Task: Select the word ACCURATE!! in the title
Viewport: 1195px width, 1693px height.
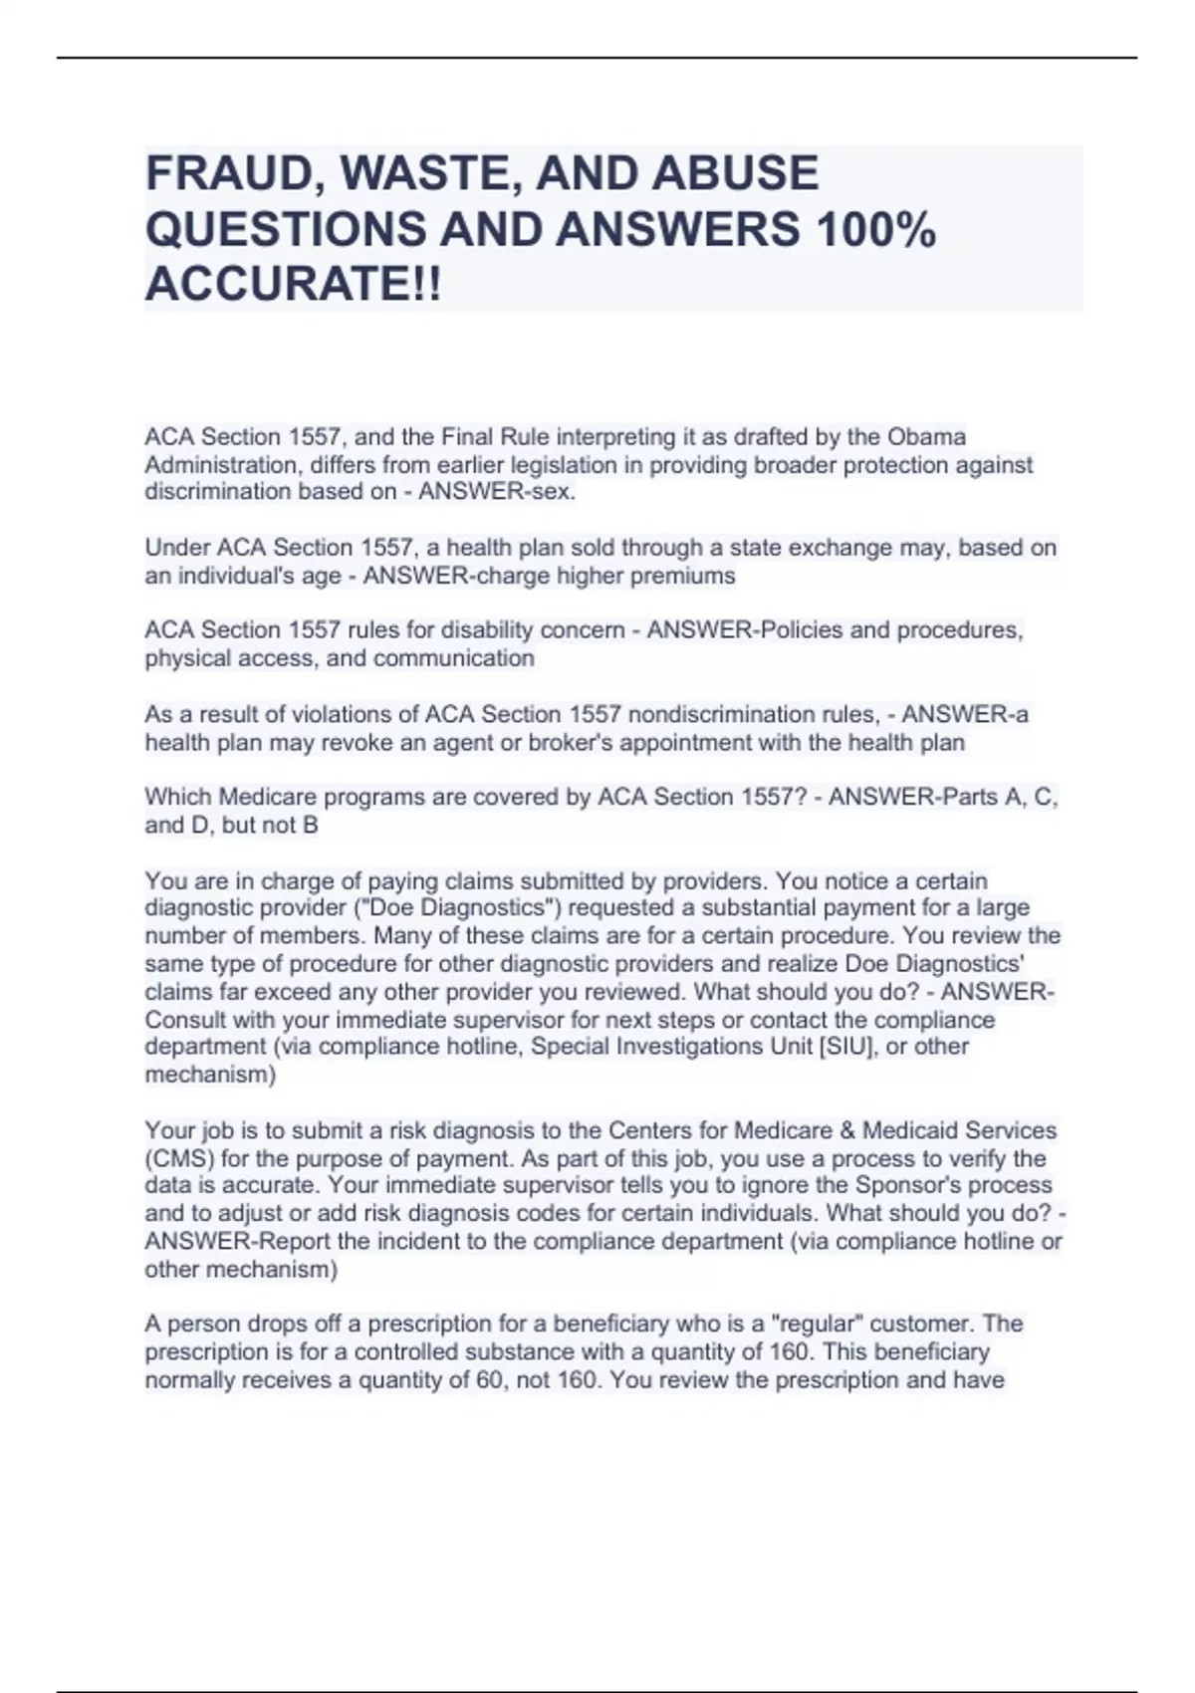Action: (293, 286)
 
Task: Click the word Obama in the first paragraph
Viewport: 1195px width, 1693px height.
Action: (926, 437)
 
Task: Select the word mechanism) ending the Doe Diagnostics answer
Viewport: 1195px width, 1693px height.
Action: (210, 1075)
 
